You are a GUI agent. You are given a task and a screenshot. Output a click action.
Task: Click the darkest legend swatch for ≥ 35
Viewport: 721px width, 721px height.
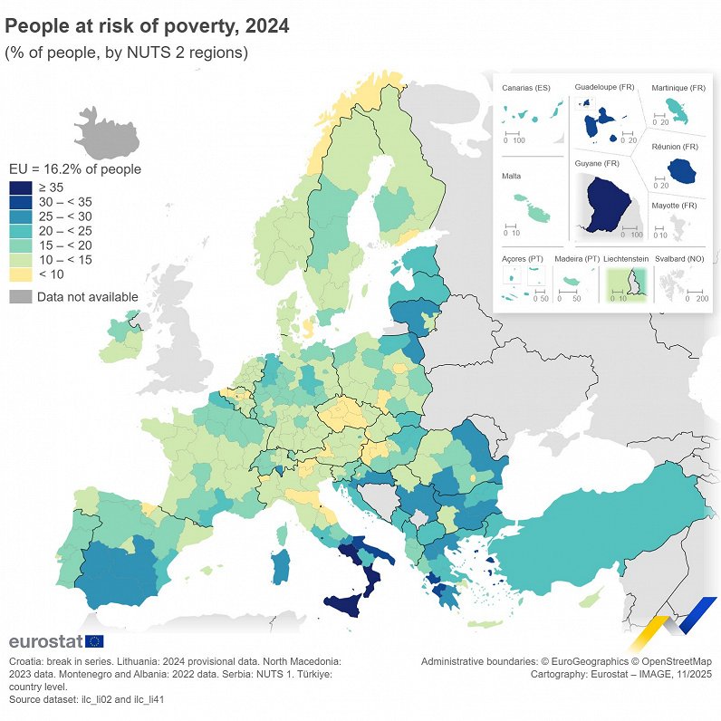tap(20, 187)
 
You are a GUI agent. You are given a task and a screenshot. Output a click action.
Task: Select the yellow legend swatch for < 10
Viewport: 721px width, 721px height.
tap(20, 274)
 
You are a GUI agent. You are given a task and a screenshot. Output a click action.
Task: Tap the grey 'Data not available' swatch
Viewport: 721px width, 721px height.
tap(20, 297)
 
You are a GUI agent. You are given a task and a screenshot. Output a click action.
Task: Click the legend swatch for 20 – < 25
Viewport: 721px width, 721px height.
tap(20, 231)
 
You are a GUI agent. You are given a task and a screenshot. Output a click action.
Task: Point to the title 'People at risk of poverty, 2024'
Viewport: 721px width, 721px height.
tap(147, 26)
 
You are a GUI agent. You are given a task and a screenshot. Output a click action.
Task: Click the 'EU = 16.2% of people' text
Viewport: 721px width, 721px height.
tap(74, 168)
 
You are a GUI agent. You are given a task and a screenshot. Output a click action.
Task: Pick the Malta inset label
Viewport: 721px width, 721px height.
tap(511, 177)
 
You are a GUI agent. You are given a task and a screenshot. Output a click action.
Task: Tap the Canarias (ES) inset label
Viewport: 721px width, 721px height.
tap(526, 88)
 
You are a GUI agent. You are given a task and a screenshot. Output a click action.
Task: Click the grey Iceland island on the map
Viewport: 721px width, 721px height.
tap(107, 134)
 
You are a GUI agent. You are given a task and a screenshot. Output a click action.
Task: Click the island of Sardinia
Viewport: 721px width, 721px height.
tap(282, 564)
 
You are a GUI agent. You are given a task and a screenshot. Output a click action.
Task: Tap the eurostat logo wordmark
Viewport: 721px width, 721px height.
tap(44, 641)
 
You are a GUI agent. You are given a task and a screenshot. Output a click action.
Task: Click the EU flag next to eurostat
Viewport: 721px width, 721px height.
tap(94, 641)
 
